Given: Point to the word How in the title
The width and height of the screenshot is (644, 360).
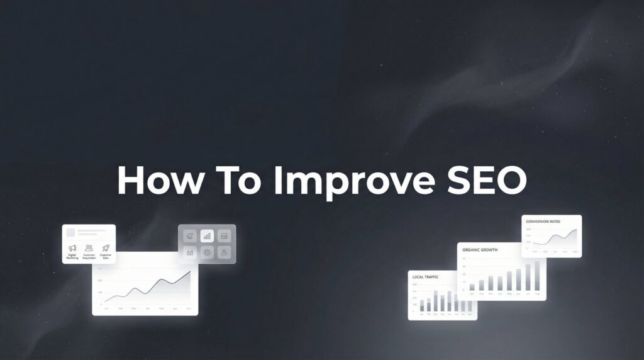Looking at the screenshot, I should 159,181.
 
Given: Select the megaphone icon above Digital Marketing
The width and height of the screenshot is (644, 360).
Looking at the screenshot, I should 72,248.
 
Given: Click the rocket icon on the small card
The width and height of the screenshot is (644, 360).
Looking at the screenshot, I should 106,248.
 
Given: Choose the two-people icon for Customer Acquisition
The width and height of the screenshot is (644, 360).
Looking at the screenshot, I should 89,248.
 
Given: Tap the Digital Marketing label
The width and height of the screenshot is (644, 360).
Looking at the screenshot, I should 72,257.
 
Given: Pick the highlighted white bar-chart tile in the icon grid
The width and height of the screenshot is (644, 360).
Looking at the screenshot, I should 207,236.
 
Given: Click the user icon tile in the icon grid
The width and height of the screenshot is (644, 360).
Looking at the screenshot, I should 225,252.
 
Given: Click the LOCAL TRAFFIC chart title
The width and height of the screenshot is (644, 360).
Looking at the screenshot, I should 425,277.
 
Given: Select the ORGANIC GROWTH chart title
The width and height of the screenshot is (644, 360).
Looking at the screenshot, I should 480,250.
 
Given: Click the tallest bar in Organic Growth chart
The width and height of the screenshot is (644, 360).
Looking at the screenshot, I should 537,276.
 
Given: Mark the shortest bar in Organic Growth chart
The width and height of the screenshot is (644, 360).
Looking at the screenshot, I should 472,287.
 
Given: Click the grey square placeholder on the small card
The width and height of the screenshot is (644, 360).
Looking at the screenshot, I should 72,232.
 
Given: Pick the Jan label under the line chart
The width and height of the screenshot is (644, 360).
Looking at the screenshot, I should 106,308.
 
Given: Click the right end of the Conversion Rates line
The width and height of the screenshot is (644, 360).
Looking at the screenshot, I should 575,230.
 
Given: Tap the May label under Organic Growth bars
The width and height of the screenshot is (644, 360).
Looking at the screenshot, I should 509,293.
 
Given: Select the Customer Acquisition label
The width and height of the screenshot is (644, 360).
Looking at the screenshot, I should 89,257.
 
